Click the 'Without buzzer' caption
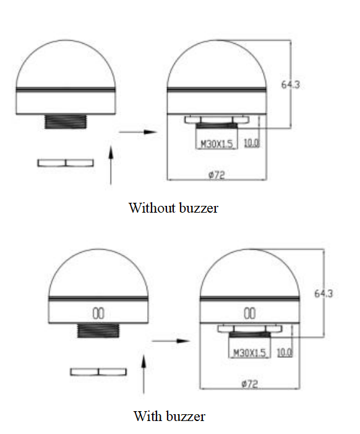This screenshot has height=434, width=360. (x=173, y=208)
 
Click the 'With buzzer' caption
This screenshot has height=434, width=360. (x=169, y=416)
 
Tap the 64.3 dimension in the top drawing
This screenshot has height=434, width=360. (x=291, y=85)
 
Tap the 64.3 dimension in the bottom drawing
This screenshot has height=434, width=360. (x=324, y=294)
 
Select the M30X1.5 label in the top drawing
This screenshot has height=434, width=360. (x=216, y=144)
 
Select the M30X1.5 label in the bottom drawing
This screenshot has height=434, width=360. (x=249, y=353)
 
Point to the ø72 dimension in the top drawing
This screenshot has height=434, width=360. (x=216, y=175)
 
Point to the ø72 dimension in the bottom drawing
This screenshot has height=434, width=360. (x=249, y=384)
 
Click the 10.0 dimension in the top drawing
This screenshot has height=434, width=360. (x=252, y=143)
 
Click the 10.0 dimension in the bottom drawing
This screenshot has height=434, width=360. (x=285, y=352)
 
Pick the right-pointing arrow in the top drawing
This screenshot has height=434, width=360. (x=138, y=132)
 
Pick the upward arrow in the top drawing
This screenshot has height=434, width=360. (x=111, y=165)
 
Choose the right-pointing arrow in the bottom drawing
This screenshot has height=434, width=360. (x=171, y=341)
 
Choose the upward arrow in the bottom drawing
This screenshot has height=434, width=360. (x=144, y=374)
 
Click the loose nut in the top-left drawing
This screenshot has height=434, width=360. (x=66, y=163)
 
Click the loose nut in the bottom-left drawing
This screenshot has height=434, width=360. (x=98, y=372)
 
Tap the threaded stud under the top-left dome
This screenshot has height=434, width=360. (x=66, y=122)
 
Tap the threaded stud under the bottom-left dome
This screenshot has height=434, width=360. (x=98, y=331)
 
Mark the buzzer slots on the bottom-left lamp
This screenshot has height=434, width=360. (x=98, y=313)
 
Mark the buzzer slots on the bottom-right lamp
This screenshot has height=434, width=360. (x=249, y=313)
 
